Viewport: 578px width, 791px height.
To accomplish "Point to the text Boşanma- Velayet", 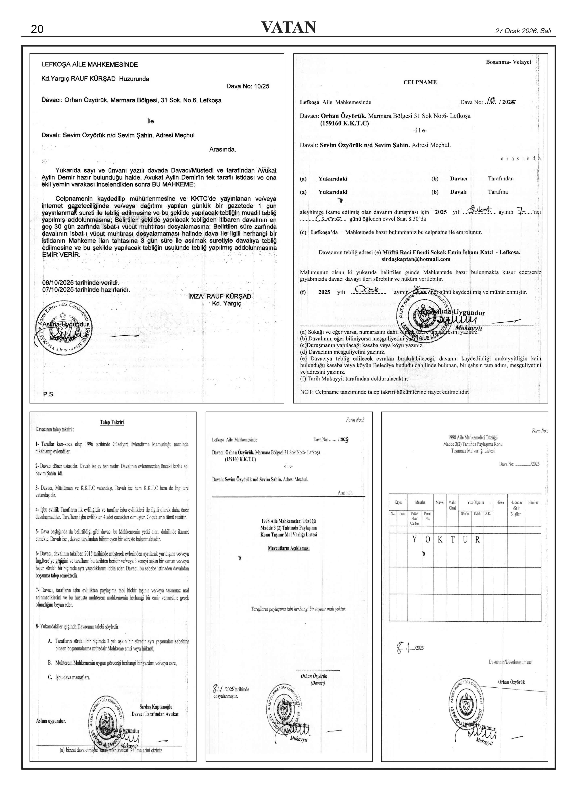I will [508, 62].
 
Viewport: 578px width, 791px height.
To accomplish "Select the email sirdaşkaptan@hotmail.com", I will [416, 259].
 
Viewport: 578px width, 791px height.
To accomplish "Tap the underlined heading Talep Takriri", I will [112, 422].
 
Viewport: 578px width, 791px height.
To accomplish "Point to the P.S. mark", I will [49, 394].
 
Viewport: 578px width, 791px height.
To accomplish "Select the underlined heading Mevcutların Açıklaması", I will [289, 548].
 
